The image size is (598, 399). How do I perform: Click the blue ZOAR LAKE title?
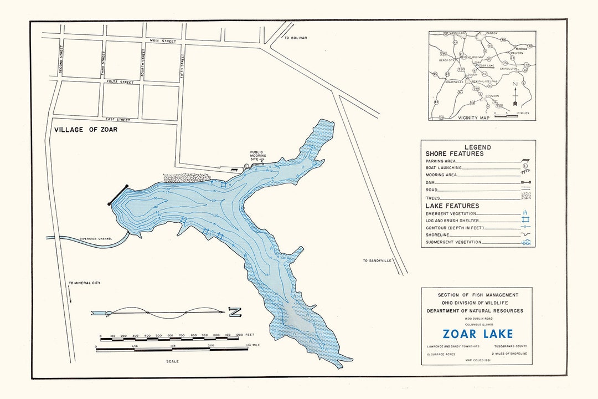click(x=477, y=334)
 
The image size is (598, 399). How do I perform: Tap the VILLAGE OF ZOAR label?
click(x=86, y=130)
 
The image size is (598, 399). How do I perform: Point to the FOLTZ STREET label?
click(x=120, y=82)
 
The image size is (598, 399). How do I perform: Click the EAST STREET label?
click(x=117, y=119)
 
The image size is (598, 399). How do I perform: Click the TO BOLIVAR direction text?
click(x=295, y=38)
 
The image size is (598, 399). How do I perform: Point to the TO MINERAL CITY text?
click(x=85, y=283)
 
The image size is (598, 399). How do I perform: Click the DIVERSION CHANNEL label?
click(x=95, y=238)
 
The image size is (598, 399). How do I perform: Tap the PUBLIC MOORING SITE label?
click(x=257, y=155)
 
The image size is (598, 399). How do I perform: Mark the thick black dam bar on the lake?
click(x=119, y=195)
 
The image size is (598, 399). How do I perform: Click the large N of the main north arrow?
click(x=235, y=313)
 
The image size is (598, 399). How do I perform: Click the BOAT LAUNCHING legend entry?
click(x=444, y=167)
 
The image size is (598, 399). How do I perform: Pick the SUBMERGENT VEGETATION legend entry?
click(x=453, y=242)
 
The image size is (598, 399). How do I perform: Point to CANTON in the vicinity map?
click(x=491, y=33)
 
